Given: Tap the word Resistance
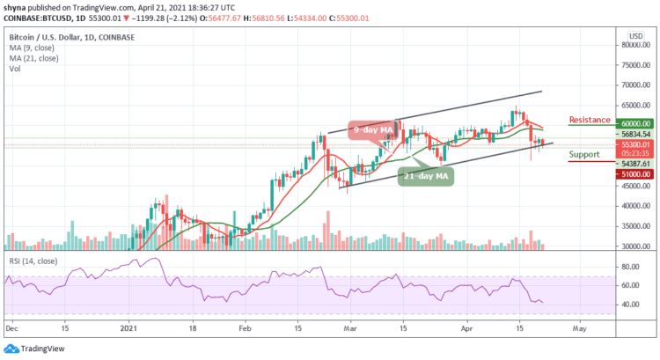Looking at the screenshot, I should coord(590,120).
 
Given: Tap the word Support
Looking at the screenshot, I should coord(587,153).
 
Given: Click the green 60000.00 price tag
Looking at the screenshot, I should coord(634,125).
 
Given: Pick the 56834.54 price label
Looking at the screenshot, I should coord(634,135).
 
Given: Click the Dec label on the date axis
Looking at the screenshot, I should coord(11,327).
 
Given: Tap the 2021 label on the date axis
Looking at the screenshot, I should coord(128,327).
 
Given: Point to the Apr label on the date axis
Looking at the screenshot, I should coord(467,327).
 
